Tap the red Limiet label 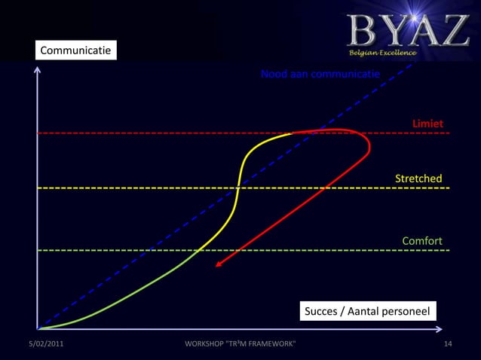point(427,123)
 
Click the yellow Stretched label point(418,178)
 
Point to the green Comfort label point(421,241)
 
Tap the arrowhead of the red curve point(218,264)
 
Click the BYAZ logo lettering point(408,30)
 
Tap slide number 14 point(448,344)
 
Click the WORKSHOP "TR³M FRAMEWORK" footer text point(240,344)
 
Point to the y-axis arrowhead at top point(38,70)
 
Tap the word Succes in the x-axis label point(320,311)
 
